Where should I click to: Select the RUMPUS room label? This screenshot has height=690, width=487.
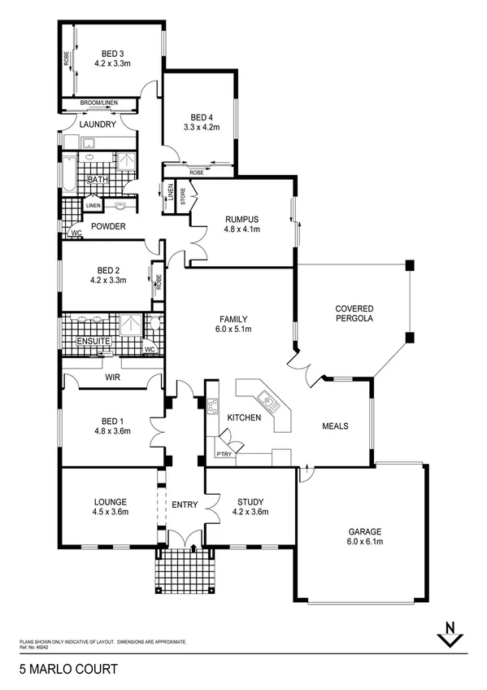pyautogui.click(x=241, y=218)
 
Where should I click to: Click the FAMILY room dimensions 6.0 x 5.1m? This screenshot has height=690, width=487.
pyautogui.click(x=232, y=330)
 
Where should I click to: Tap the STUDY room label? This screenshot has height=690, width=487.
pyautogui.click(x=250, y=502)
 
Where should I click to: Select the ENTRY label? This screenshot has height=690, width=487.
pyautogui.click(x=185, y=505)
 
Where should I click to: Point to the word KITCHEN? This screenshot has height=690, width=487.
pyautogui.click(x=244, y=417)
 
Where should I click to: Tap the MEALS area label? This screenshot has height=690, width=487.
pyautogui.click(x=335, y=425)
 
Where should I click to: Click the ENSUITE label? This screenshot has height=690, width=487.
pyautogui.click(x=93, y=341)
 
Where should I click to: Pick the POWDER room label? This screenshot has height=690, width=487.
pyautogui.click(x=107, y=226)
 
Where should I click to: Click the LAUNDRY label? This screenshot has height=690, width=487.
pyautogui.click(x=98, y=124)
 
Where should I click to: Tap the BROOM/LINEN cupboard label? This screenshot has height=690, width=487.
pyautogui.click(x=99, y=103)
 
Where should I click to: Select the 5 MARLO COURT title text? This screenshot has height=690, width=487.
pyautogui.click(x=68, y=670)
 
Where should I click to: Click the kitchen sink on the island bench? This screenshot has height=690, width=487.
pyautogui.click(x=265, y=399)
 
